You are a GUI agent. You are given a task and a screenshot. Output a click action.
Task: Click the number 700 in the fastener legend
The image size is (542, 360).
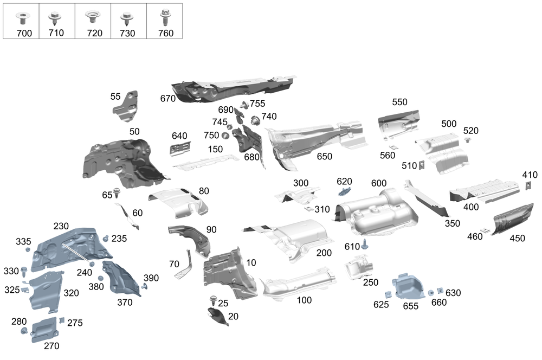24,33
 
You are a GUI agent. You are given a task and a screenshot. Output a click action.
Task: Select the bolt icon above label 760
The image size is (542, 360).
165,17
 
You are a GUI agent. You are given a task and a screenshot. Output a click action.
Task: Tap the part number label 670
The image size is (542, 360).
168,98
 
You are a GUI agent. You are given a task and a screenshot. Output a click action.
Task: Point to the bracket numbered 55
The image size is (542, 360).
125,104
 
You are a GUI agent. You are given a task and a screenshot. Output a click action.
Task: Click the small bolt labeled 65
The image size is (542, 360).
117,191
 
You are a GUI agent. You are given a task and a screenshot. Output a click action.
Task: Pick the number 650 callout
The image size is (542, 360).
324,157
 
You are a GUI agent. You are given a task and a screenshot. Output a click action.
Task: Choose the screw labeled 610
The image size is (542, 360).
365,245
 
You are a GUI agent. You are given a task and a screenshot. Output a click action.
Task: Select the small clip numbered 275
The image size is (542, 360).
61,320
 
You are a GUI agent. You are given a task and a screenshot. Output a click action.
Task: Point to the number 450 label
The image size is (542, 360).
517,238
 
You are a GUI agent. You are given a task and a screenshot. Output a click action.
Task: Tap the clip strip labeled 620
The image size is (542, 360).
344,191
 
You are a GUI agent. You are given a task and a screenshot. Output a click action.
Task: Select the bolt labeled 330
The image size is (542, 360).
24,269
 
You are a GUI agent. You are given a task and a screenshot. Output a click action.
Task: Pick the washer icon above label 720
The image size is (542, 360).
94,17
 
